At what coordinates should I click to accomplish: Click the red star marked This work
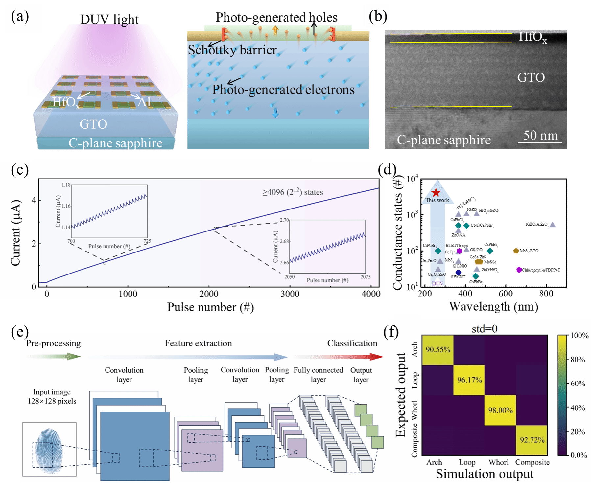(x=436, y=193)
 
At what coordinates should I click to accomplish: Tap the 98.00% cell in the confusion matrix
(x=500, y=410)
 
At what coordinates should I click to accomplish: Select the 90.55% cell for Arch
(x=438, y=350)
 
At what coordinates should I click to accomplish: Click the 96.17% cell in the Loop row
(x=469, y=380)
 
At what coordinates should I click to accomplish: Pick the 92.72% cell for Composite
(x=532, y=440)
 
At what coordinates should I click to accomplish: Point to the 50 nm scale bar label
(x=540, y=136)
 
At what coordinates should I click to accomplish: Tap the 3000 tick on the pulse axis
(x=290, y=294)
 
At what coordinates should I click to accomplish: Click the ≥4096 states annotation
(x=293, y=192)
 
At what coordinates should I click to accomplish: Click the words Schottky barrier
(x=232, y=50)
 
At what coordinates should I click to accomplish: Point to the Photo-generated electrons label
(x=283, y=90)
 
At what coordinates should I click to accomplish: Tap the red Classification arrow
(x=339, y=357)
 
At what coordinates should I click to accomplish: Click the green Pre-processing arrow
(x=54, y=357)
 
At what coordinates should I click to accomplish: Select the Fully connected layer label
(x=318, y=375)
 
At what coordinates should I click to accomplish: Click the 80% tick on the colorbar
(x=578, y=360)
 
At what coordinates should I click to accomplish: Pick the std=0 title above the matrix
(x=484, y=329)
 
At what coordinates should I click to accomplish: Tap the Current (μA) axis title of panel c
(x=16, y=232)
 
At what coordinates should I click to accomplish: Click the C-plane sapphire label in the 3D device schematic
(x=115, y=143)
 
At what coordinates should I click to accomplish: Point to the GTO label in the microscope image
(x=531, y=77)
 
